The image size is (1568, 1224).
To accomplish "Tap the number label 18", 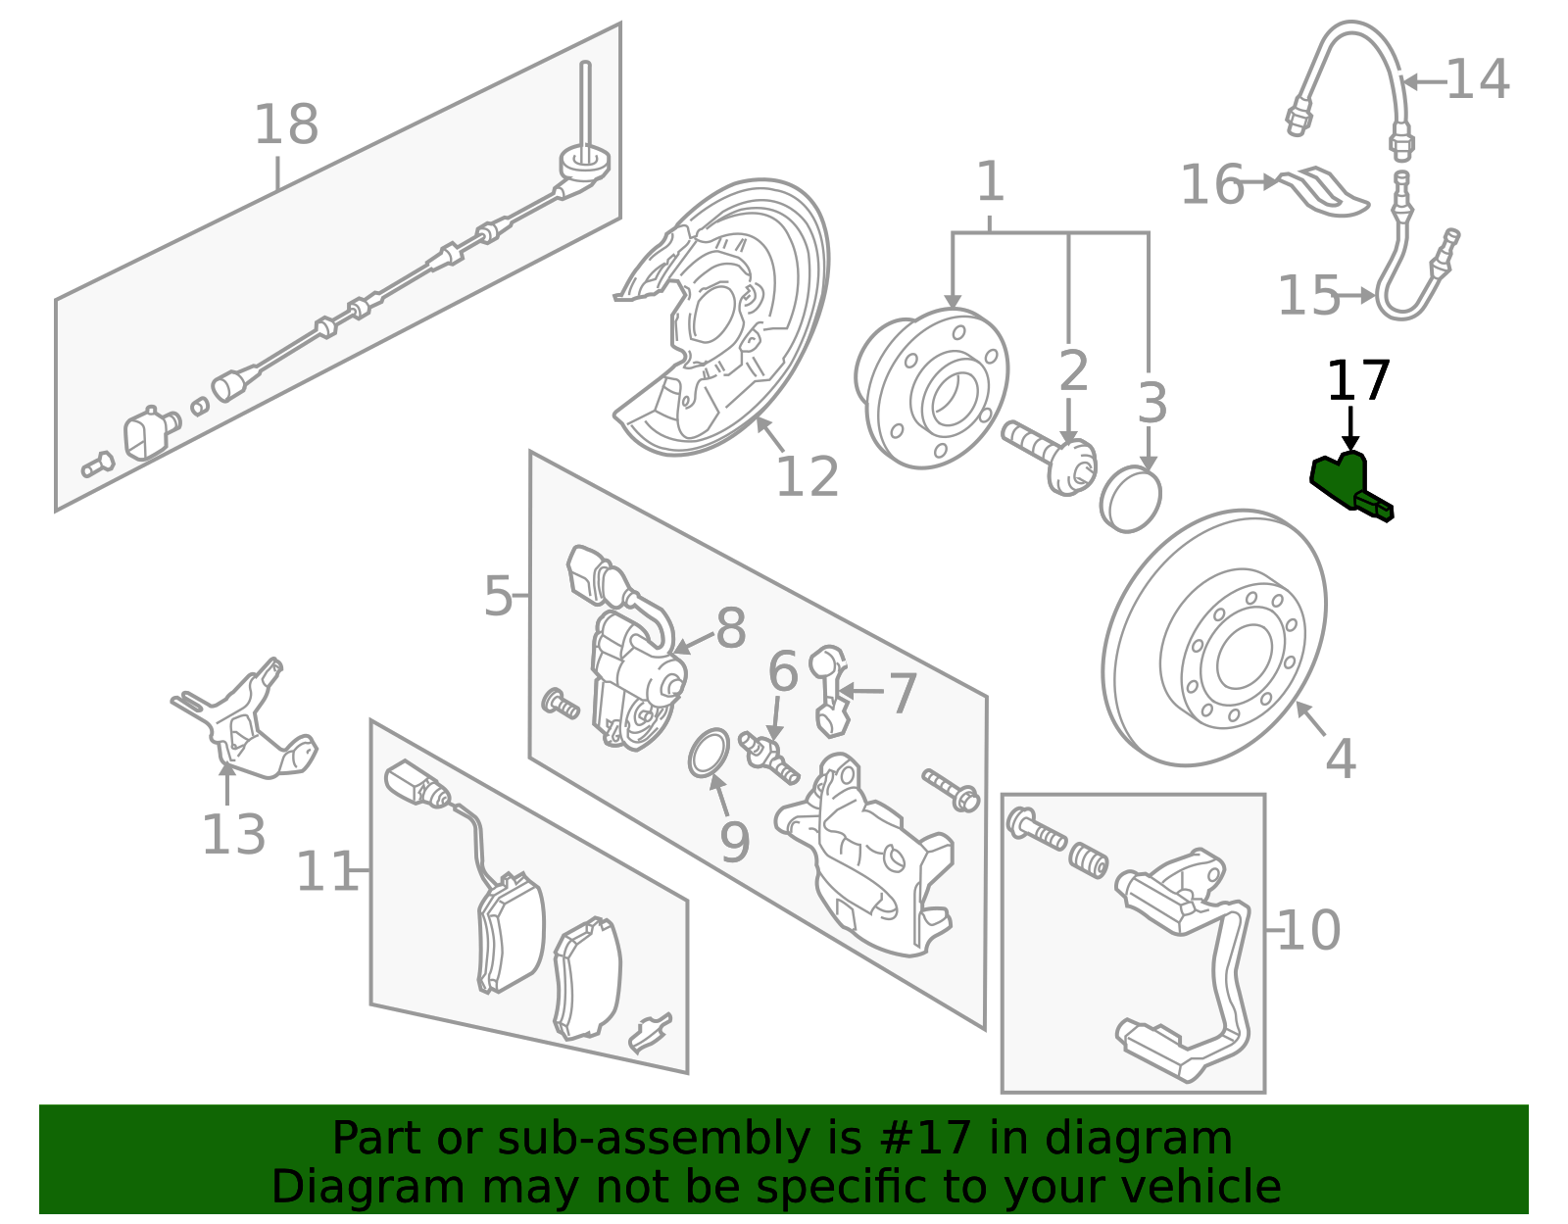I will pyautogui.click(x=286, y=125).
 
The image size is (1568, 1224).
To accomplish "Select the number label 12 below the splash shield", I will pyautogui.click(x=807, y=477).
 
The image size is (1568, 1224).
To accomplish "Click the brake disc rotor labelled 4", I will pyautogui.click(x=1214, y=637).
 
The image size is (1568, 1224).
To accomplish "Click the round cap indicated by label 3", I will pyautogui.click(x=1131, y=500).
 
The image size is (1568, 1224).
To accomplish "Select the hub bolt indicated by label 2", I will pyautogui.click(x=1049, y=454).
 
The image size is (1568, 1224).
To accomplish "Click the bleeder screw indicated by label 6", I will pyautogui.click(x=770, y=759).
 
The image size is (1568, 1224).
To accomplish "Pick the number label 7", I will pyautogui.click(x=902, y=693).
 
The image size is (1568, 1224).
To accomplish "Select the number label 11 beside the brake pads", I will pyautogui.click(x=326, y=872).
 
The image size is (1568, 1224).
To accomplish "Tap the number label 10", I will pyautogui.click(x=1308, y=930).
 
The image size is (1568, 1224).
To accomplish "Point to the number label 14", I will pyautogui.click(x=1477, y=79).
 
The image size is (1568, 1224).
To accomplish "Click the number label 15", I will pyautogui.click(x=1308, y=295).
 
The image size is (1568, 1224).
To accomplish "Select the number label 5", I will pyautogui.click(x=498, y=596).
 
